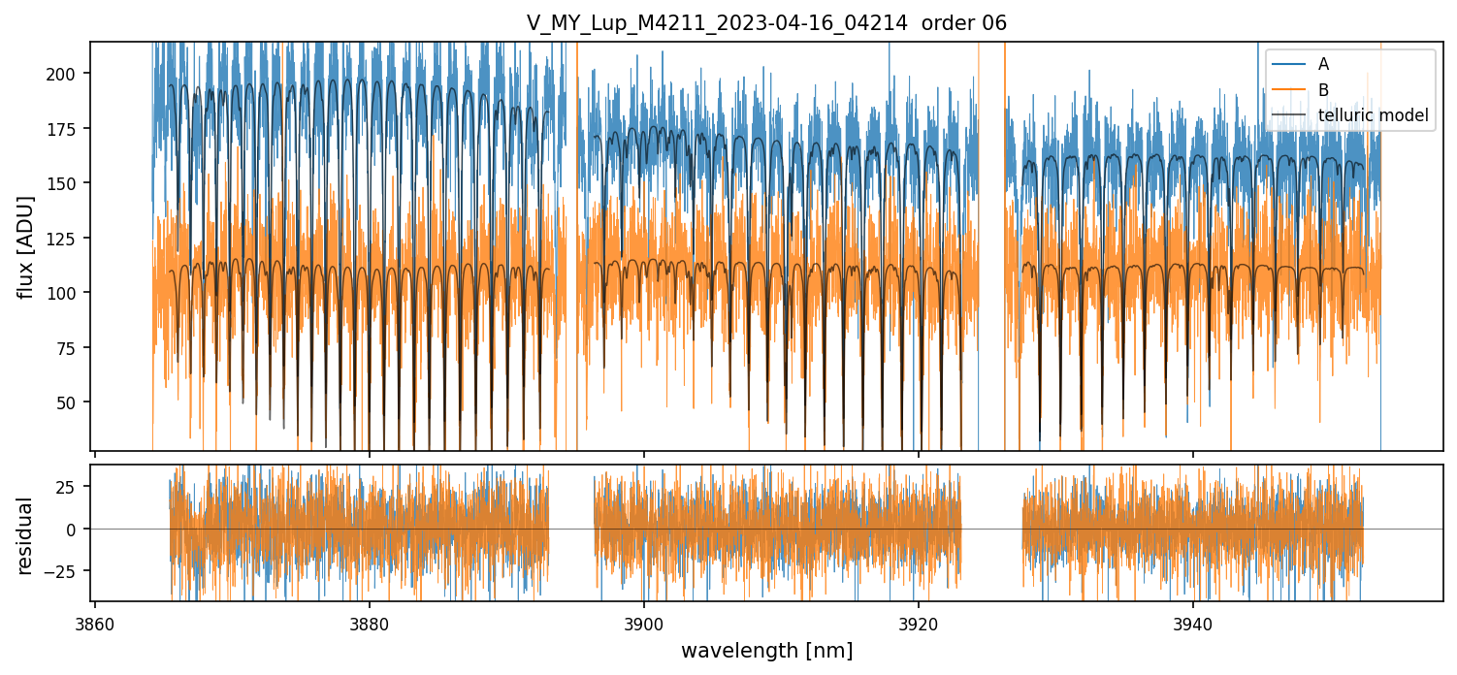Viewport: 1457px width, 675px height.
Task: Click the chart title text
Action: [766, 23]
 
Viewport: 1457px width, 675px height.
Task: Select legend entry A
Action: [1323, 64]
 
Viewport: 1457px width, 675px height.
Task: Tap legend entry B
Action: [1323, 90]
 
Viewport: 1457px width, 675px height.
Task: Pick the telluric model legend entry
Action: [1373, 116]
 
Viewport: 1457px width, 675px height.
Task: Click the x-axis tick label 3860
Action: [94, 623]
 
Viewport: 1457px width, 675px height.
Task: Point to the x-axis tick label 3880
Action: [369, 623]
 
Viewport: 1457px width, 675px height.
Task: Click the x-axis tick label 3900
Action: [643, 623]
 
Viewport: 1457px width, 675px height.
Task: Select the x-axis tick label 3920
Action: [918, 623]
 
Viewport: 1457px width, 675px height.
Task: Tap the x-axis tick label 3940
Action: [1192, 623]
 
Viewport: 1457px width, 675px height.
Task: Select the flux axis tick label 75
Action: [69, 348]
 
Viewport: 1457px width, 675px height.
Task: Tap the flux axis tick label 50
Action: [69, 402]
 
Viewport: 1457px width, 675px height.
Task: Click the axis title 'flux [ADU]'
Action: [26, 246]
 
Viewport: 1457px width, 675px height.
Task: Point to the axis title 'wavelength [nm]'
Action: [766, 651]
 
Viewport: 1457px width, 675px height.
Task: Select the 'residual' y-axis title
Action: [26, 535]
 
